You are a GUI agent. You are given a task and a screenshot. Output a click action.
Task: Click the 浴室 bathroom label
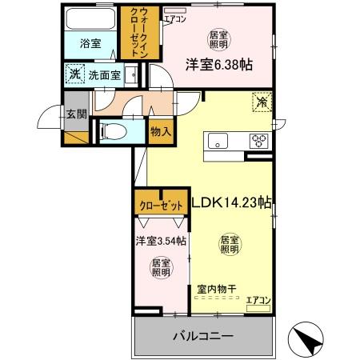[x=90, y=44]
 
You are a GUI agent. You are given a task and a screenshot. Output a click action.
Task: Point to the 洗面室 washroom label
[x=104, y=75]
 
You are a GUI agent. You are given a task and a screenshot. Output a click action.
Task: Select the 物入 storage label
[x=159, y=130]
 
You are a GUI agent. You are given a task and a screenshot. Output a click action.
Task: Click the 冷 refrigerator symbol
[x=261, y=102]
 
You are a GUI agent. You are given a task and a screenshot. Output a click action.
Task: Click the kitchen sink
[x=219, y=142]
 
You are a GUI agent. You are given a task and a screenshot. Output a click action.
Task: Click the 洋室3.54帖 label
[x=160, y=240]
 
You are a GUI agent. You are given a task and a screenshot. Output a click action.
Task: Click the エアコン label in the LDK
[x=257, y=301]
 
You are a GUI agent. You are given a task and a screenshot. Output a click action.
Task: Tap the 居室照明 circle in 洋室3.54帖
[x=161, y=266]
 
